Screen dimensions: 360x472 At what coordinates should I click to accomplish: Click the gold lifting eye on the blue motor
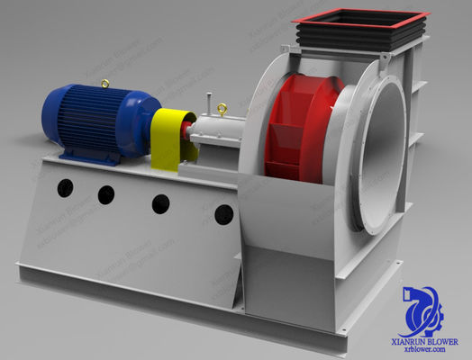pos(105,84)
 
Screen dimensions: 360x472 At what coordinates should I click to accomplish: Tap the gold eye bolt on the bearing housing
pos(220,108)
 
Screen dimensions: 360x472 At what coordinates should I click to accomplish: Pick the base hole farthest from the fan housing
pos(65,187)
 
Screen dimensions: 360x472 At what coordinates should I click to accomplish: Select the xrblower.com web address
pos(431,353)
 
